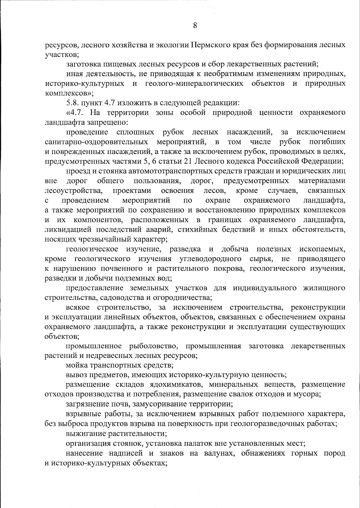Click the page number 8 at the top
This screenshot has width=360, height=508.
[x=195, y=25]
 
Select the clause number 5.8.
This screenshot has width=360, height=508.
[x=72, y=103]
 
